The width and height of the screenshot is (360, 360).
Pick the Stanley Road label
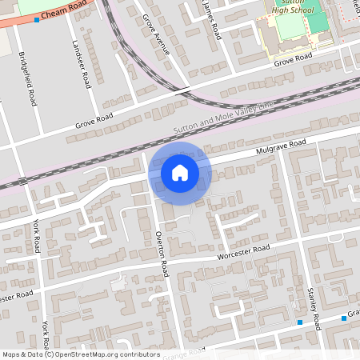(x=313, y=309)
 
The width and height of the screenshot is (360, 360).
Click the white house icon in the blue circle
(x=179, y=173)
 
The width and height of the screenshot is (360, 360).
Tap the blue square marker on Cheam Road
(x=37, y=18)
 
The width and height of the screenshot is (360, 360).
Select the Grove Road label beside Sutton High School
(x=292, y=58)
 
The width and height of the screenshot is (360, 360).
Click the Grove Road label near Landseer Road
(x=95, y=121)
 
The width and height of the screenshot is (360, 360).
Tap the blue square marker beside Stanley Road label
(x=300, y=322)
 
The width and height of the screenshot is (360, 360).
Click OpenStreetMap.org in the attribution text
(x=90, y=354)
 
